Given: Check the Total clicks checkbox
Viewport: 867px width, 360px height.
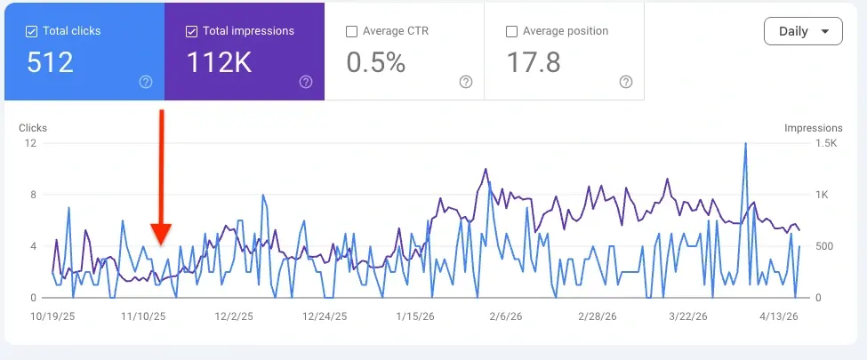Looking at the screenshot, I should coord(32,31).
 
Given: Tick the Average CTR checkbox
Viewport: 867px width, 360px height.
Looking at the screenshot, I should coord(351,31).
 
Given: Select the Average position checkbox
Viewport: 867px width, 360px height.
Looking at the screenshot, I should coord(511,31).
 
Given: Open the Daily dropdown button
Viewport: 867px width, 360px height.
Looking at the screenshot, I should coord(802,31).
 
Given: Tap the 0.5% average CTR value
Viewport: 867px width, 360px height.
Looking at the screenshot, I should coord(375,62).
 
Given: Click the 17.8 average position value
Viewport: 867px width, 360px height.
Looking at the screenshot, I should coord(533,62).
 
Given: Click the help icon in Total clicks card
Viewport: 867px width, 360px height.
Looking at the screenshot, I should coord(146,82).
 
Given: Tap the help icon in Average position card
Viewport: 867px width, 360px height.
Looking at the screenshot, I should coord(626,82).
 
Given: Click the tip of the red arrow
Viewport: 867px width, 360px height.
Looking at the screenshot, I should coord(161,242).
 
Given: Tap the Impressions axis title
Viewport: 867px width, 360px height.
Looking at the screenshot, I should coord(813,128).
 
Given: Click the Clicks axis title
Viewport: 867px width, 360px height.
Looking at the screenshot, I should coord(33,128).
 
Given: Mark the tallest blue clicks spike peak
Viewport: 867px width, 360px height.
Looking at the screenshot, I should coord(744,143).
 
